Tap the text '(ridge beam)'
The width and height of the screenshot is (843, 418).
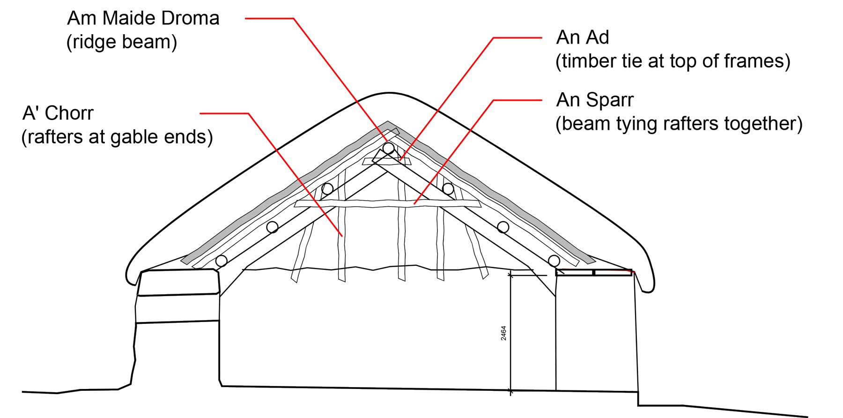tap(122, 42)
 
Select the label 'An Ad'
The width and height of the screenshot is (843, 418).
tap(583, 37)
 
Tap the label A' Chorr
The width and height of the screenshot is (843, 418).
tap(58, 113)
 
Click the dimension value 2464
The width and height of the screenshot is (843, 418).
tap(503, 333)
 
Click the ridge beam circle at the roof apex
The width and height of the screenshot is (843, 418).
tap(388, 149)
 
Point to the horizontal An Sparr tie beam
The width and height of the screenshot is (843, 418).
tap(387, 203)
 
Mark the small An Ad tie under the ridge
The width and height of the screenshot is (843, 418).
tap(387, 161)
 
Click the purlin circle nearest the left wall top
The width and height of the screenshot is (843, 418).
tap(221, 261)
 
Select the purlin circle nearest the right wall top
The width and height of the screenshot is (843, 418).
tap(554, 261)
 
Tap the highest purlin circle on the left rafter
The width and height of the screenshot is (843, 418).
tap(327, 189)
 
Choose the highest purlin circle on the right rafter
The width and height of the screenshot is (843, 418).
tap(448, 189)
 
